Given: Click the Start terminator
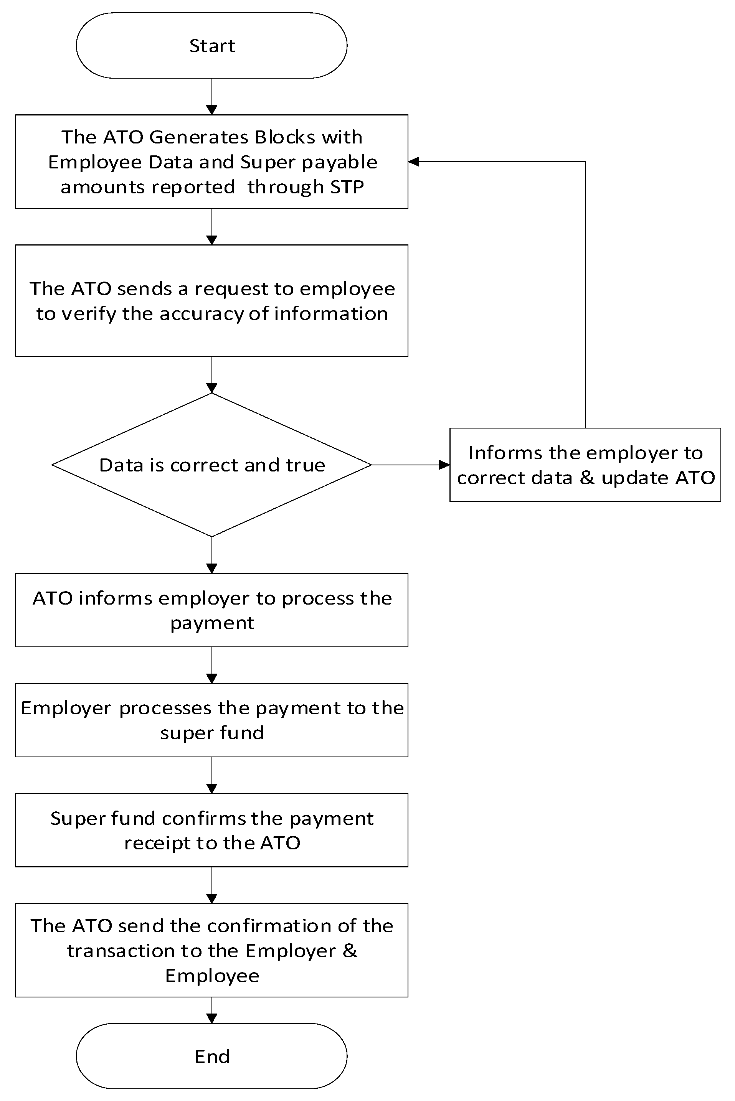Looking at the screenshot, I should point(211,45).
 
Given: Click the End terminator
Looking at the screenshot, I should point(211,1056).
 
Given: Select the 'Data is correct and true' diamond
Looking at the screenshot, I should point(211,465).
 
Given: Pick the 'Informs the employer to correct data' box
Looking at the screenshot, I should point(585,465).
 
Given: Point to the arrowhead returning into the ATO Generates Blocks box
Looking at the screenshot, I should point(413,162).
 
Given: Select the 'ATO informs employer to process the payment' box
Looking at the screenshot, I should point(211,610).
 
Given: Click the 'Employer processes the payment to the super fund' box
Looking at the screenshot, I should point(211,720).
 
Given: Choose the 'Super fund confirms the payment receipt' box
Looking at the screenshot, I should point(211,830).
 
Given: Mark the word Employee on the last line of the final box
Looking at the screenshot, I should point(212,976).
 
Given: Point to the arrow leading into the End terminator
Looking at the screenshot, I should point(211,1012).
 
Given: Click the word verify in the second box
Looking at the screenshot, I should point(88,314).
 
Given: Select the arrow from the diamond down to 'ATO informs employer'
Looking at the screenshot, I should point(211,555).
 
